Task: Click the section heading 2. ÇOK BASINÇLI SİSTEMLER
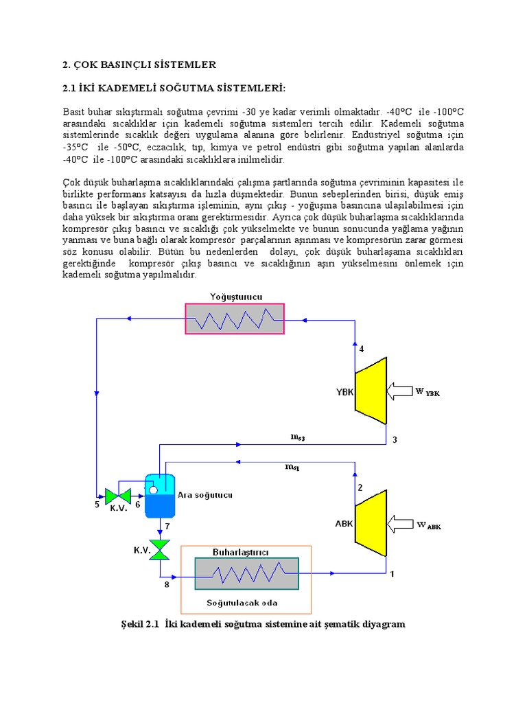(x=139, y=65)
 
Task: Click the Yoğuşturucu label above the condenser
(x=235, y=297)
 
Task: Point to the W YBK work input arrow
(x=400, y=392)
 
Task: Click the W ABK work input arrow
(x=400, y=526)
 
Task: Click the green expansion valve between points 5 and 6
(x=119, y=495)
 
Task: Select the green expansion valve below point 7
(x=160, y=549)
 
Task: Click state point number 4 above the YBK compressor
(x=362, y=349)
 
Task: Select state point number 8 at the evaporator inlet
(x=166, y=585)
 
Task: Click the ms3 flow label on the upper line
(x=297, y=436)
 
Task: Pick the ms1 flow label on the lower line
(x=292, y=467)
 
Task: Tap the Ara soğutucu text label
(x=206, y=495)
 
